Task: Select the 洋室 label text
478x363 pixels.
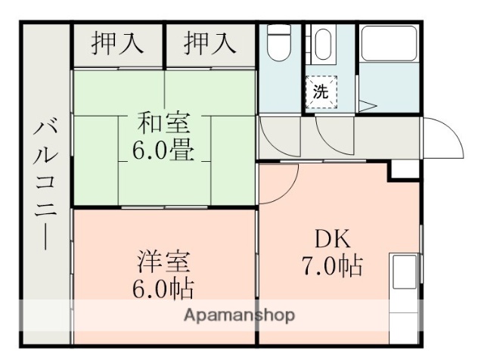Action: click(163, 262)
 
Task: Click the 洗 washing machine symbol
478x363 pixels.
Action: click(321, 93)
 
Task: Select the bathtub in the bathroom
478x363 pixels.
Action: click(388, 44)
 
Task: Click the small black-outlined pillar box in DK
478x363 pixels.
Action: click(403, 170)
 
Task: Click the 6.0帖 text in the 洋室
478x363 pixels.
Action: click(163, 289)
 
